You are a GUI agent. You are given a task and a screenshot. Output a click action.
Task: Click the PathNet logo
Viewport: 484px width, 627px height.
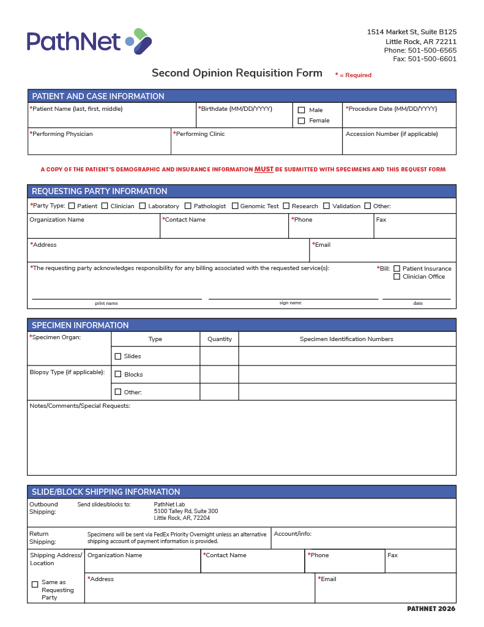[x=89, y=41]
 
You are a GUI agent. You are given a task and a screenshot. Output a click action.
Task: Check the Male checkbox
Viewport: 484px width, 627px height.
[x=301, y=110]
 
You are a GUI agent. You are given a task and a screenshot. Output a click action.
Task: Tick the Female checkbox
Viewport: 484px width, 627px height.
[x=301, y=121]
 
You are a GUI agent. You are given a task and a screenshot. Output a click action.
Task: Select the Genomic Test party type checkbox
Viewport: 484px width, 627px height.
[x=235, y=206]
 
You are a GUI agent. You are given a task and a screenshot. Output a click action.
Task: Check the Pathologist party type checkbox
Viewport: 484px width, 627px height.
[x=188, y=206]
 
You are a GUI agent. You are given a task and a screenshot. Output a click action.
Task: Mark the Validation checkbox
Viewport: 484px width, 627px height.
[x=327, y=206]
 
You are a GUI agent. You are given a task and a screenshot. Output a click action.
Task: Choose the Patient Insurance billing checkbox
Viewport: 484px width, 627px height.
[x=397, y=269]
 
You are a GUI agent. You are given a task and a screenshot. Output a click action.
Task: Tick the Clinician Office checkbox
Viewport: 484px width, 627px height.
[x=397, y=277]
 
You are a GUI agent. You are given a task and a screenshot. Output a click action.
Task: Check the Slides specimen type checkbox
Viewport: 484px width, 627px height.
[x=118, y=356]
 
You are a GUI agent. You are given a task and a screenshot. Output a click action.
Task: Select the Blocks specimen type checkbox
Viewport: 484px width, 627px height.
[x=118, y=374]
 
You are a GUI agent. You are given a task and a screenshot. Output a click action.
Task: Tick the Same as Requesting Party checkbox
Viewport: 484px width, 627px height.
[x=35, y=584]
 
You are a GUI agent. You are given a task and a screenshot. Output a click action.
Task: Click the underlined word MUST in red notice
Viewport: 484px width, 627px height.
[x=264, y=170]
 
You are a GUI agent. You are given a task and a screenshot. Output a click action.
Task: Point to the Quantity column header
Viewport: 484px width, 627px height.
[x=220, y=339]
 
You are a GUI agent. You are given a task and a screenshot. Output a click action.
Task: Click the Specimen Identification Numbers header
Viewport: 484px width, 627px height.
[x=346, y=339]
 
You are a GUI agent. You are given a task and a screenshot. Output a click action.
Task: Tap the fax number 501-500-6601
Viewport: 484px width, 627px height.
[x=432, y=59]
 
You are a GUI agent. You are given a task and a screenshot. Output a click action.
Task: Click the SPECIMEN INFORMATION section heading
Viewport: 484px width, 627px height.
[x=80, y=325]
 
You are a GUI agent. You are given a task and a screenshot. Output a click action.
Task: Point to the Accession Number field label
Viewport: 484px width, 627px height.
[x=392, y=134]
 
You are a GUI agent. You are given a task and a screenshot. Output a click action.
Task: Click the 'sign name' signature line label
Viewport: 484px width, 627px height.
[x=291, y=303]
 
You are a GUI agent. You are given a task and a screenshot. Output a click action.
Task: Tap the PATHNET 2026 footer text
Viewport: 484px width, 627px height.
[x=431, y=609]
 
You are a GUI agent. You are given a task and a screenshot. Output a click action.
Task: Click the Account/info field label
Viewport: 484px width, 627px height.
[x=292, y=534]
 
